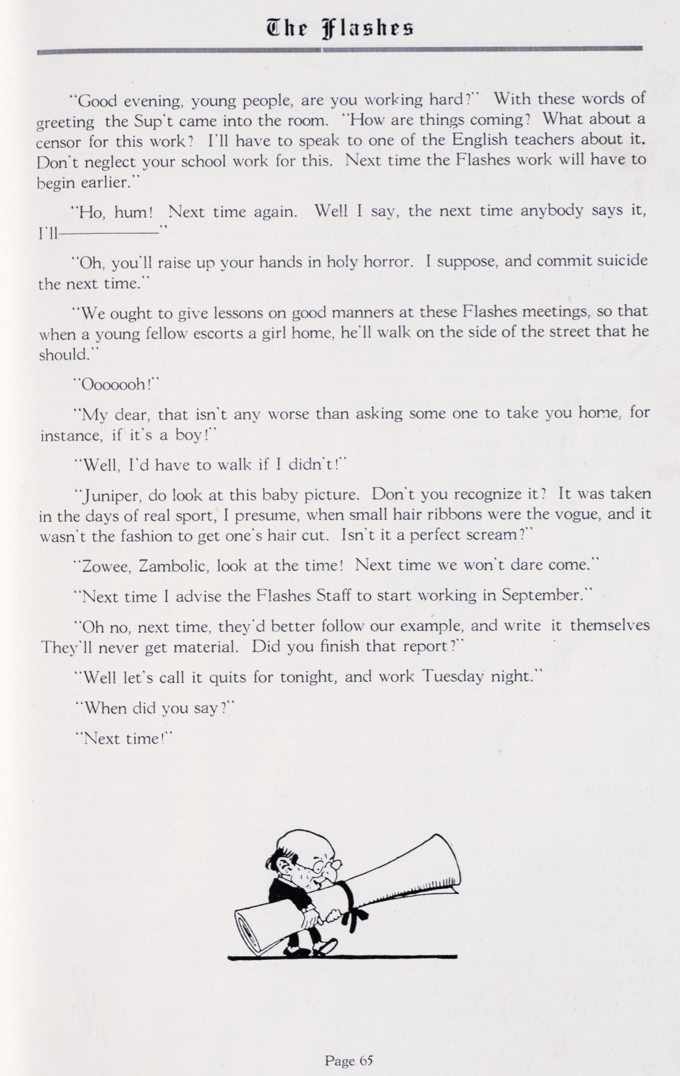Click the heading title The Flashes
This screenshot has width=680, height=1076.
point(339,28)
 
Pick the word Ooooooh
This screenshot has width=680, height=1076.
point(116,385)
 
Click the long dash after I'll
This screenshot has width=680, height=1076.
point(109,233)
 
